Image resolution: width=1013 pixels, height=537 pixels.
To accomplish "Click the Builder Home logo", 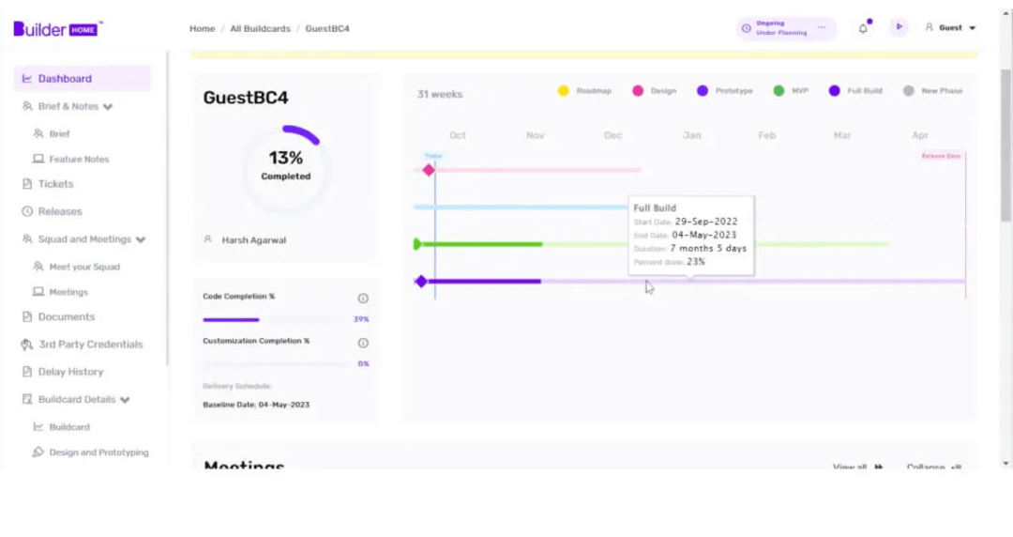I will pos(57,28).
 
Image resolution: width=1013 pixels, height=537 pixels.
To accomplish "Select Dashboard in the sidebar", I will pos(65,79).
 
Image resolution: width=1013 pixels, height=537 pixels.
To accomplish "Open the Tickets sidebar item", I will pos(55,184).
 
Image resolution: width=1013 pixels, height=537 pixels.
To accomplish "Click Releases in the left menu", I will pos(60,211).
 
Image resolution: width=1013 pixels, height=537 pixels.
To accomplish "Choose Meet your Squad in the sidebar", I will pos(84,267).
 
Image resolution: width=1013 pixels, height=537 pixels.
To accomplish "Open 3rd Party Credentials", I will pos(90,345).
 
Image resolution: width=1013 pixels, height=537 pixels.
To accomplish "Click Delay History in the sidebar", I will pos(70,372).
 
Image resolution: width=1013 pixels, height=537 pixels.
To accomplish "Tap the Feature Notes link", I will pos(79,160).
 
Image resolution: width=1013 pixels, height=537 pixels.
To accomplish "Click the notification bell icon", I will pos(863,28).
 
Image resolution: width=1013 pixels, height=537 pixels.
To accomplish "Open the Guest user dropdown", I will pos(951,28).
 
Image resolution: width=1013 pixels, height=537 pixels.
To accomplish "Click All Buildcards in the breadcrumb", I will pos(260,29).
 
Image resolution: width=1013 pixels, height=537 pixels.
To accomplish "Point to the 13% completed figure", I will pos(285,158).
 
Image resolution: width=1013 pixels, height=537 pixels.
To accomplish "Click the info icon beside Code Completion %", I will pos(363,299).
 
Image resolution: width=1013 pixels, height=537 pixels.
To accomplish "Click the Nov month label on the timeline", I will pos(535,135).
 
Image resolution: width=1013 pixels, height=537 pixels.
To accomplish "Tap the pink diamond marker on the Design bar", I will pos(429,170).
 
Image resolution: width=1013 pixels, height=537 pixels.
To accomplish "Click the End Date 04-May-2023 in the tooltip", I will pos(703,235).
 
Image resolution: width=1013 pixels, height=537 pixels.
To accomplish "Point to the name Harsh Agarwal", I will pos(254,240).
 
